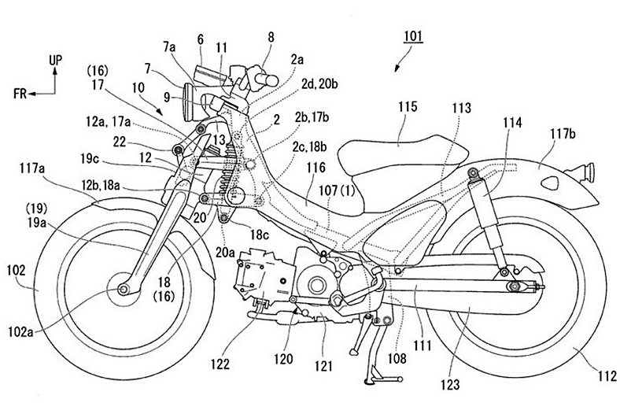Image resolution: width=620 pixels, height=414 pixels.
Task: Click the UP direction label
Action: click(x=54, y=58)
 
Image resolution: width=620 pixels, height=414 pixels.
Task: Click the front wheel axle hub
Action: click(x=124, y=290)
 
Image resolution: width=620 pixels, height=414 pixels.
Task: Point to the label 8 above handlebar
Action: click(x=271, y=35)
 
